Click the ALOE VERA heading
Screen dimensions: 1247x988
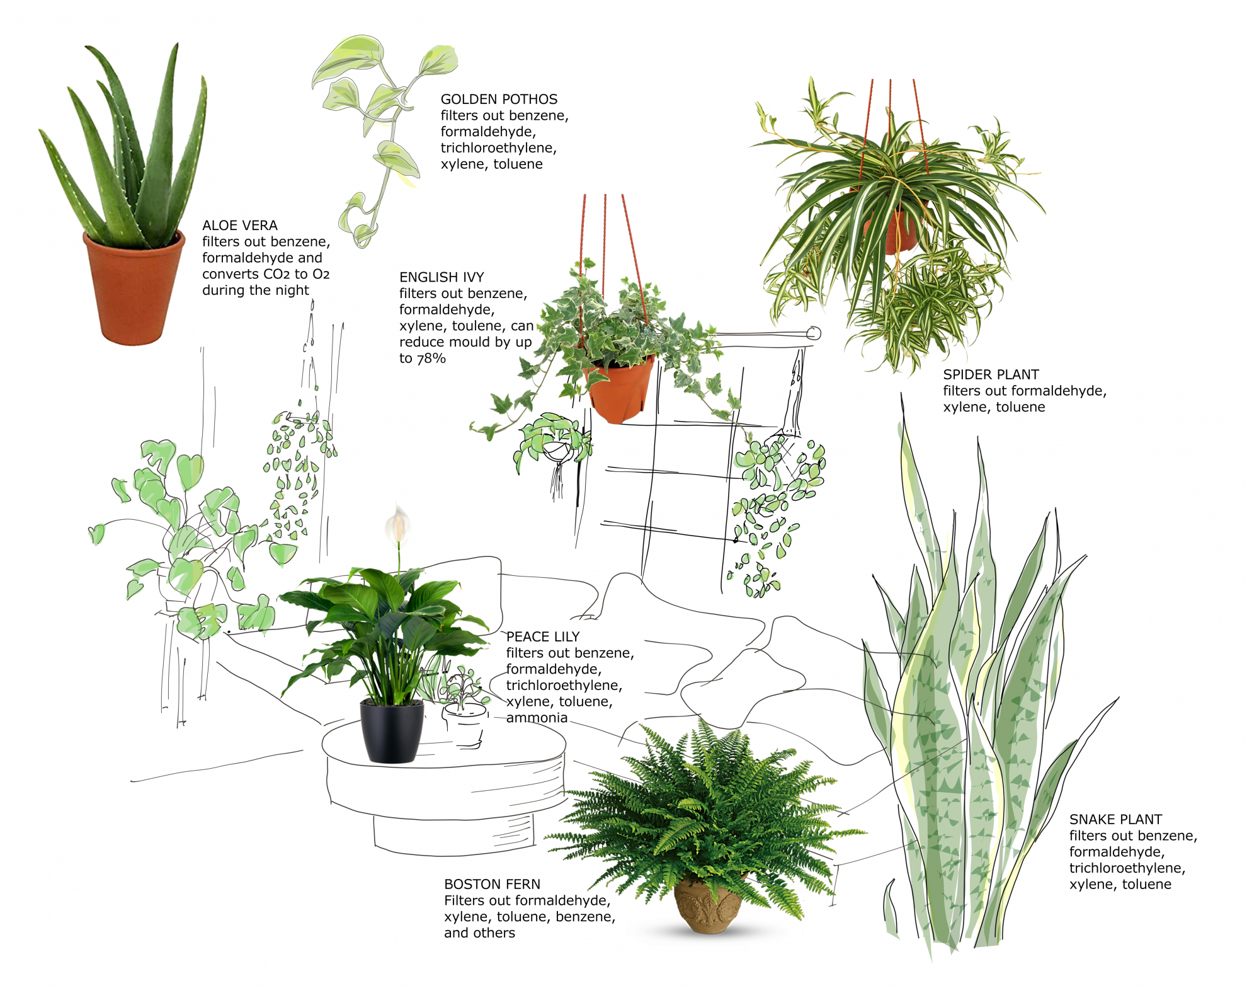[x=240, y=226]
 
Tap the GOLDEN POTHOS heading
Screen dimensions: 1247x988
[x=499, y=100]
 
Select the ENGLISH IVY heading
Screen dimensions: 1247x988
[x=441, y=277]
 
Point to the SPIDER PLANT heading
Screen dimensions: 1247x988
[x=991, y=374]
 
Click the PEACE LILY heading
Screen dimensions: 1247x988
[x=543, y=637]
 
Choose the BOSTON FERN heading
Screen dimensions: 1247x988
[x=492, y=885]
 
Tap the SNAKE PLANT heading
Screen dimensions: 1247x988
[x=1115, y=820]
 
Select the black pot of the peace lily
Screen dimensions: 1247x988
[x=391, y=731]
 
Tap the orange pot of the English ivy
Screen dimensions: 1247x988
[x=620, y=391]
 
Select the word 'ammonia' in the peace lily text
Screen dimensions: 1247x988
[x=537, y=718]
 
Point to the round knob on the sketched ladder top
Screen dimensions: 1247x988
[x=814, y=333]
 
